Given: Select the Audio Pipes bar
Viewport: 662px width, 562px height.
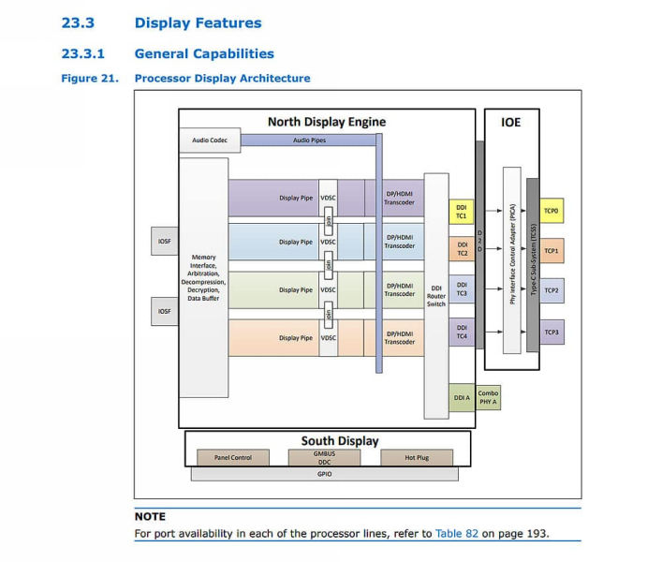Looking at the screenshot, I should click(x=308, y=140).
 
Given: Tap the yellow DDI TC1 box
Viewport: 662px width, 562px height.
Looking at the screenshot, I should click(x=461, y=211).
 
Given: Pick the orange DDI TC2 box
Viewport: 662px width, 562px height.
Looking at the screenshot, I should click(x=461, y=249).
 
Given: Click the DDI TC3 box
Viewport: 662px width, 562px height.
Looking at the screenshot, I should click(x=461, y=288).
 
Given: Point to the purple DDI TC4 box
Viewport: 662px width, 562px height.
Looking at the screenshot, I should click(x=461, y=331).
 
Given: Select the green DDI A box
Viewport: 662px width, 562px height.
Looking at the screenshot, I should click(x=461, y=397).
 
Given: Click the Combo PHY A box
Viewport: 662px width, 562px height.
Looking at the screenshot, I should click(x=488, y=397).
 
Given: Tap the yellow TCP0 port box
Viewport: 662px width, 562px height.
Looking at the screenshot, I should click(x=552, y=211).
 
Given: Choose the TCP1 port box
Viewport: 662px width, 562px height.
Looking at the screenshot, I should click(x=552, y=251).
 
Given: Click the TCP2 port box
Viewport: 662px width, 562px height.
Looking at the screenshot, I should click(x=552, y=291).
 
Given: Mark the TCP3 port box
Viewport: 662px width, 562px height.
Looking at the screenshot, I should click(x=552, y=332).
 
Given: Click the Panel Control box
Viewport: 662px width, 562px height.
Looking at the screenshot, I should click(x=232, y=458).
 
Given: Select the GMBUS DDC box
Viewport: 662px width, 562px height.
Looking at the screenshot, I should click(x=324, y=457).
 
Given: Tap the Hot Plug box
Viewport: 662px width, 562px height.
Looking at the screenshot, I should click(x=416, y=458).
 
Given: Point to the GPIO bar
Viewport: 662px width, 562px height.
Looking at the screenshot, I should click(x=324, y=474).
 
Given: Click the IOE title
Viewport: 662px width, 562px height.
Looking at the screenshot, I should click(x=511, y=122).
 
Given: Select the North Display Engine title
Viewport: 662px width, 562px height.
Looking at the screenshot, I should click(x=326, y=122).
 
